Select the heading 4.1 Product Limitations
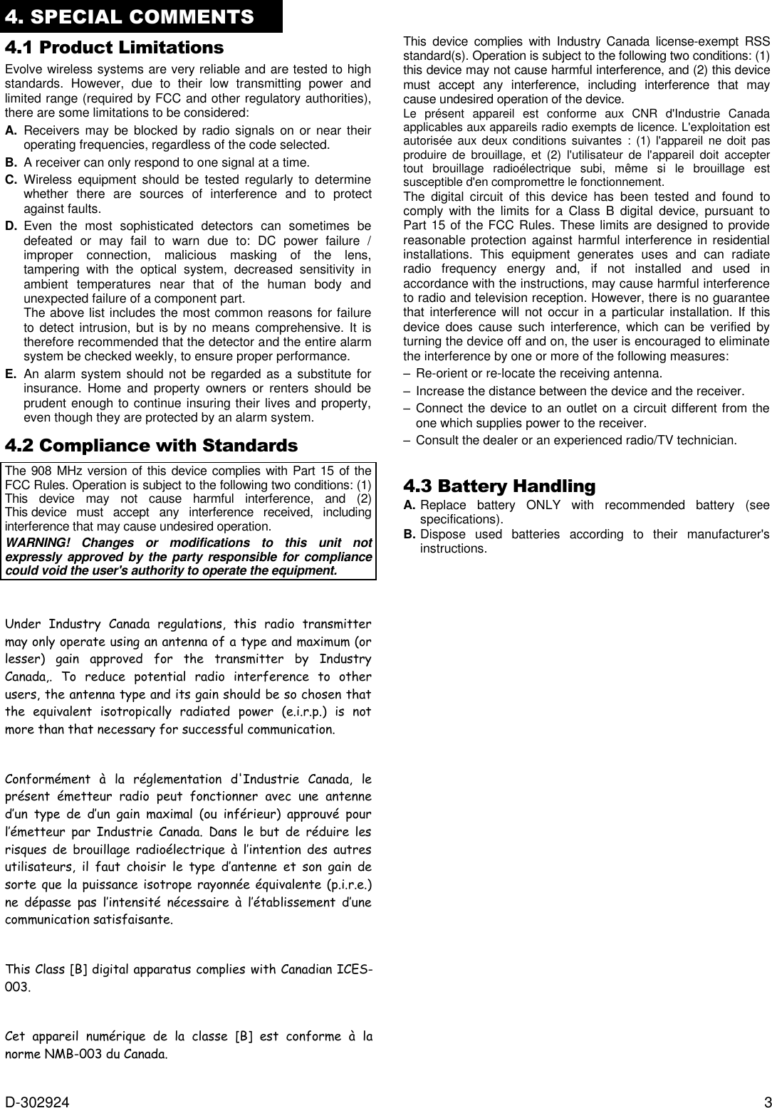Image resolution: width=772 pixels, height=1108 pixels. pos(114,48)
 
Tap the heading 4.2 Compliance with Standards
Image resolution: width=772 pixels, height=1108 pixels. pos(151,446)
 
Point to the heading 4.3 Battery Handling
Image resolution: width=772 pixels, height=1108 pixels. pos(499,486)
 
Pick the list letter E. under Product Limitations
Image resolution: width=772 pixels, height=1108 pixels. pos(11,375)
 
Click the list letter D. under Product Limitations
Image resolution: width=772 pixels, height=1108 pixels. pos(11,226)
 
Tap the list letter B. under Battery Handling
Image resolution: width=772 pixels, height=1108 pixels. pos(410,534)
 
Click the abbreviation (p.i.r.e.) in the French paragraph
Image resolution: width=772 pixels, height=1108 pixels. pos(345,884)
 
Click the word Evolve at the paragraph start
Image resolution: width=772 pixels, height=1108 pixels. pos(22,69)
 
